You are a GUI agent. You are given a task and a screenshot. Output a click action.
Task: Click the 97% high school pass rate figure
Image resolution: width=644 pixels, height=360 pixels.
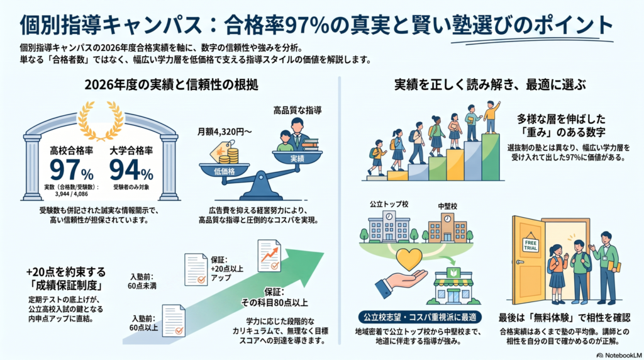[72, 170]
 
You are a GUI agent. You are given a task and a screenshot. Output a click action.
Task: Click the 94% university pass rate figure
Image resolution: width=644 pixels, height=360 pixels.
[131, 170]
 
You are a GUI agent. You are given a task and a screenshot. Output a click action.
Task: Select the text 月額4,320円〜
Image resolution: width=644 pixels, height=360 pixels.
[225, 132]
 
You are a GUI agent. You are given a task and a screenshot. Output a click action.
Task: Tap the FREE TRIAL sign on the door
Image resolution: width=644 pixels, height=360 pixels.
[531, 245]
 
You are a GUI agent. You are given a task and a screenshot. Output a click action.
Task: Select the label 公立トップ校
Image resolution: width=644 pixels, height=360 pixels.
[389, 205]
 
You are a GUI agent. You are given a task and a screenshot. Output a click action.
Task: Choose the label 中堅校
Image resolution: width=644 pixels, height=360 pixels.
[447, 206]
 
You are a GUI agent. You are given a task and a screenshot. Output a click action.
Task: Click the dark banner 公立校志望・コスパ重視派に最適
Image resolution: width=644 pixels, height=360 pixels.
[419, 317]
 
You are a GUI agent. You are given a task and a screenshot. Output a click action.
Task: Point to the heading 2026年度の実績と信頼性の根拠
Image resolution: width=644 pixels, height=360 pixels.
[171, 85]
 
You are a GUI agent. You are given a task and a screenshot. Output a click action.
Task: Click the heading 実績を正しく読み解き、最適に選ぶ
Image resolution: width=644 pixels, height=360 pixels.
[490, 85]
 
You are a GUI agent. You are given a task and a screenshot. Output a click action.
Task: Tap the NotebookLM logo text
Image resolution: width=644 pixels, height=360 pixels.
[619, 355]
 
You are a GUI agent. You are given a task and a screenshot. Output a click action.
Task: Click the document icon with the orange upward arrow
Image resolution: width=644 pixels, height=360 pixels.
[269, 256]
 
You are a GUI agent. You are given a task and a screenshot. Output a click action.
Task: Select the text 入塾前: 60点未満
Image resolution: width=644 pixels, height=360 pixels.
[142, 281]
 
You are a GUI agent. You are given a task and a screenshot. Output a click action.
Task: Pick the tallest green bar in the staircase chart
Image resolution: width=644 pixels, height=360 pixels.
[491, 157]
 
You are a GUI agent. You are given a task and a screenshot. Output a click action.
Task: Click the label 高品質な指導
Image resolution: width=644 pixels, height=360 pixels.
[297, 110]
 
